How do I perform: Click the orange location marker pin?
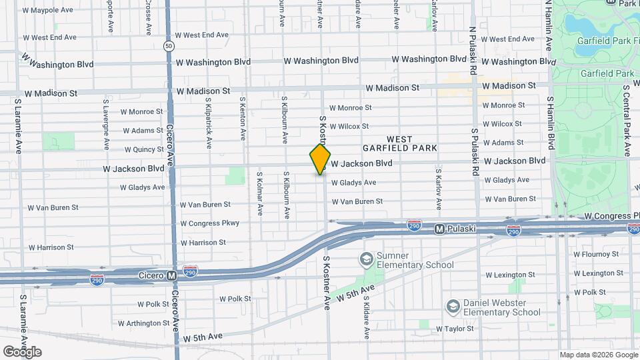click(x=320, y=160)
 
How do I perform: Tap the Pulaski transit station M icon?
click(x=439, y=229)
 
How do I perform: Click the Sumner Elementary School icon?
click(x=366, y=258)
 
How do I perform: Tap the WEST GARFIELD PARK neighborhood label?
click(x=399, y=143)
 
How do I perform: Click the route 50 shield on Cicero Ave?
click(x=169, y=46)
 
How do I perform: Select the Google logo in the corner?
click(x=22, y=351)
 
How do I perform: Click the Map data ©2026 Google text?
click(x=598, y=355)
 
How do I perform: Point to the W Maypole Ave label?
click(x=48, y=11)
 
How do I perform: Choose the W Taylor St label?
click(x=455, y=329)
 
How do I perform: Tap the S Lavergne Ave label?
click(x=106, y=125)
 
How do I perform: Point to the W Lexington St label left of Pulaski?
click(x=510, y=275)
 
